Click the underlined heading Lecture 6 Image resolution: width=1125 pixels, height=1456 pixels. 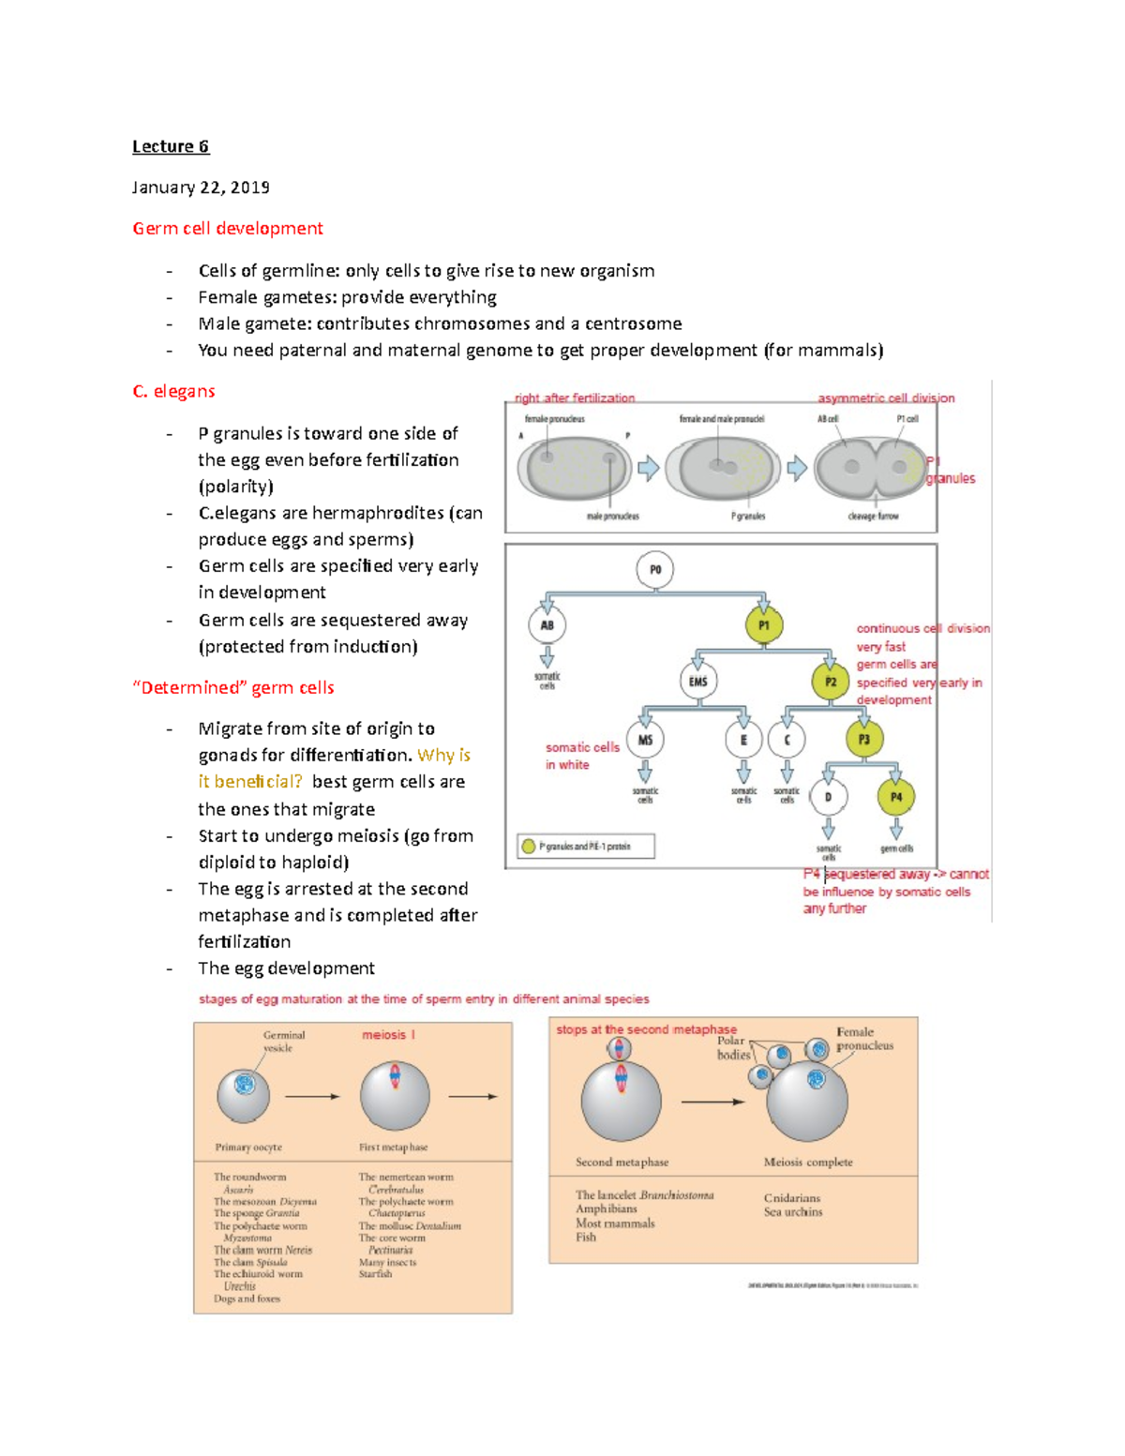(171, 146)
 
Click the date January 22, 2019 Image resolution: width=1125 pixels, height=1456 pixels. (201, 188)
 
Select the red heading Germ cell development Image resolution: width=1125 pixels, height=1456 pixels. (228, 229)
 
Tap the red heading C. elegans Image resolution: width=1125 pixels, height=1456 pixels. (174, 391)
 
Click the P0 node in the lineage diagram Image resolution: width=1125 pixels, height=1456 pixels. (655, 570)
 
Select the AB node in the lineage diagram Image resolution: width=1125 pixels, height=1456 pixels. (547, 625)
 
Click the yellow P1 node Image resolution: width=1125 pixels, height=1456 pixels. (764, 625)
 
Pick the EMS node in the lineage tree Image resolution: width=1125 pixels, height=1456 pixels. (698, 682)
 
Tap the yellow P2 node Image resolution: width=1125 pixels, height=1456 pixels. (831, 682)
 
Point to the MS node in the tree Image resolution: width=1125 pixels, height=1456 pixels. (645, 740)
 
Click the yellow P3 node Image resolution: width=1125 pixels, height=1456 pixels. (864, 740)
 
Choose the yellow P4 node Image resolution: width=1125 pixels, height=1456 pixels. (896, 798)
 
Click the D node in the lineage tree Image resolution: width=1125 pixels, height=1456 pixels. (829, 798)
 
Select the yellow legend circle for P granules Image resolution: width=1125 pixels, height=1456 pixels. (529, 847)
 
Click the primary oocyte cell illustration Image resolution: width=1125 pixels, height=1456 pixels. (244, 1094)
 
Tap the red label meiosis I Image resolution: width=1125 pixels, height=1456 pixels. (388, 1035)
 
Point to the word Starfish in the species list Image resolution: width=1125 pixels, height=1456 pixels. (375, 1274)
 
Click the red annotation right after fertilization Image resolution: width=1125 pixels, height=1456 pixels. (575, 398)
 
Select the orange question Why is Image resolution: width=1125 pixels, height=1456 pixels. (443, 756)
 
